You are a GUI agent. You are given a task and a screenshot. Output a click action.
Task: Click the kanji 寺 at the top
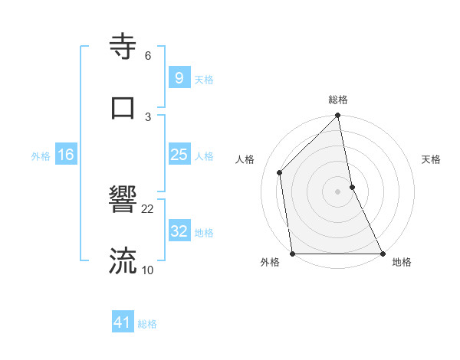pos(123,47)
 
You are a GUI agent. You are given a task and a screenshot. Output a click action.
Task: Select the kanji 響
pos(123,201)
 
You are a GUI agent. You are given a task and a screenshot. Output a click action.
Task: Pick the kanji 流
pos(123,260)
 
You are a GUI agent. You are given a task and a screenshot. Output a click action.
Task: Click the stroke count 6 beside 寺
pos(148,56)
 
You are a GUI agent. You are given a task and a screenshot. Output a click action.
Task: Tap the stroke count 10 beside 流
pos(148,270)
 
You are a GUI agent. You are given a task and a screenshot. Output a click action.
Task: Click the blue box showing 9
pos(179,78)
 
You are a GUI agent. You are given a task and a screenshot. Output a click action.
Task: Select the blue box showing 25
pos(179,155)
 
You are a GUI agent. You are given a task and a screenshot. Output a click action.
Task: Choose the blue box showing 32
pos(179,231)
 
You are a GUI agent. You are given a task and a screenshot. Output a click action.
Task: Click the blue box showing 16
pos(66,155)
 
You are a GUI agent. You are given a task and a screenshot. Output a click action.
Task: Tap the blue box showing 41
pos(123,322)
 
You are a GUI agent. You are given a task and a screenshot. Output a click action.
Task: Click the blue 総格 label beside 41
pos(147,324)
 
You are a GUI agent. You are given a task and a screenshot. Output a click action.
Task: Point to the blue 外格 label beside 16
pos(41,156)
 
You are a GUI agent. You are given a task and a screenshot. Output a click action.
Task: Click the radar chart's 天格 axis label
pos(432,159)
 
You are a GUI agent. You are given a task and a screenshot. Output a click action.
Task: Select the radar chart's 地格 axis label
pos(402,263)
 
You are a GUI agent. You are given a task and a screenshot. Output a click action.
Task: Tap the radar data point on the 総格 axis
pos(338,116)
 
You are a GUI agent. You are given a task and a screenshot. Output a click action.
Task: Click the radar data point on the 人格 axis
pos(280,172)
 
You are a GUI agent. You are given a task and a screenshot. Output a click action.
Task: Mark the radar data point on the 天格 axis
pos(352,187)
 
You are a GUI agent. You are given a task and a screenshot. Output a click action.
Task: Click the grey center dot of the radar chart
pos(338,191)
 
